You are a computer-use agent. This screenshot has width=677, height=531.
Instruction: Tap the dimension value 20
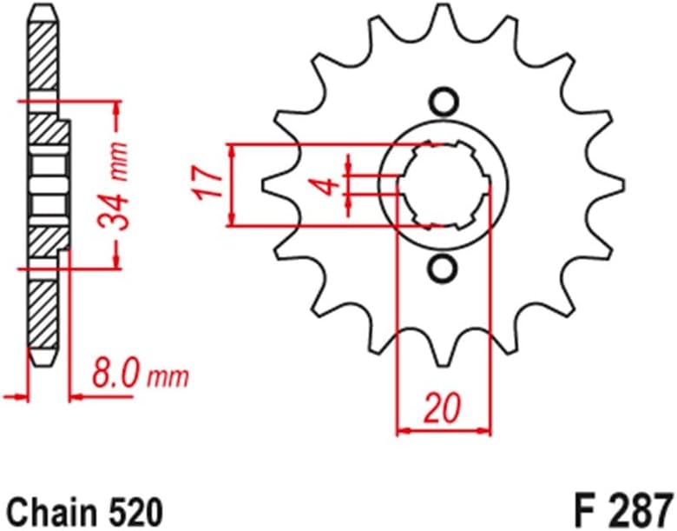(x=444, y=409)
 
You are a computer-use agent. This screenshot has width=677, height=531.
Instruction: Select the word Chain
(x=49, y=507)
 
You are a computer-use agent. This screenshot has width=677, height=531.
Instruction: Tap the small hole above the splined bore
(x=444, y=103)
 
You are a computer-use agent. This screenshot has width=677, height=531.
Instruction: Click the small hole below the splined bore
(x=444, y=269)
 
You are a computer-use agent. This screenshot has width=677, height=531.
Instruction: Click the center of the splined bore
(x=444, y=185)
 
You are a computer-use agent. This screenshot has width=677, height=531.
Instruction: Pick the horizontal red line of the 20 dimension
(x=444, y=429)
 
